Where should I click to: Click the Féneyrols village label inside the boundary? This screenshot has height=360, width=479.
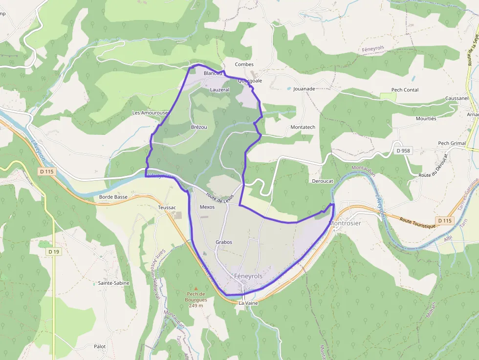tap(248, 276)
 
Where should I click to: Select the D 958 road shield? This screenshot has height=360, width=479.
tap(404, 151)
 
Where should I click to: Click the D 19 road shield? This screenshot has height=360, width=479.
tap(54, 252)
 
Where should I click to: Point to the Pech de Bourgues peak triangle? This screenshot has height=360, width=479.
tap(196, 289)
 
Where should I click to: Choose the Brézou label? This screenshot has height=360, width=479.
tap(199, 127)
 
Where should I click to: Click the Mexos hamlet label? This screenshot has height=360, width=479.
tap(207, 207)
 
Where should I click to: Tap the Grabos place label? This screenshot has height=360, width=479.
tap(224, 242)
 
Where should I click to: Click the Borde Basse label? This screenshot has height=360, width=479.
tap(113, 197)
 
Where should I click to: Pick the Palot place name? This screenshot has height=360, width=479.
tap(100, 347)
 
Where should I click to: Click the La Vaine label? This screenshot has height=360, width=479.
tap(248, 303)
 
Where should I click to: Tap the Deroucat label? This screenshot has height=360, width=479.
tap(322, 181)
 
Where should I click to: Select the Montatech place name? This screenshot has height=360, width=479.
tap(303, 127)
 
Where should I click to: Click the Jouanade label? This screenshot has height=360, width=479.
tap(304, 89)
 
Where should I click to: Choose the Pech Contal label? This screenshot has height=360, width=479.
tap(405, 90)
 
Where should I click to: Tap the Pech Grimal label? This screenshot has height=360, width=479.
tap(452, 143)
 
